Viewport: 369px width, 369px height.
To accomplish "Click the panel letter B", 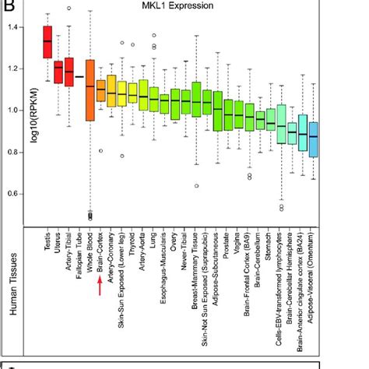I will click(6, 6).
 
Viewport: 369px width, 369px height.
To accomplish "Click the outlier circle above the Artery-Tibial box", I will click(69, 8).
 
